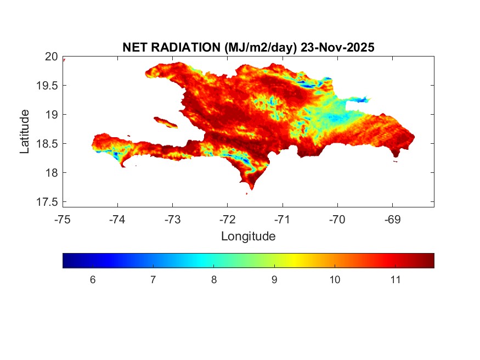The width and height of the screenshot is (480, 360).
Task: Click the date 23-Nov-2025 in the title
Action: click(x=337, y=48)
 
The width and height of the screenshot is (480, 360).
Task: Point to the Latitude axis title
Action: click(x=25, y=131)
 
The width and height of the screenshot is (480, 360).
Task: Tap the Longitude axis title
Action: click(x=248, y=237)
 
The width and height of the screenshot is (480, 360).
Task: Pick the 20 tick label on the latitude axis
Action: click(x=51, y=56)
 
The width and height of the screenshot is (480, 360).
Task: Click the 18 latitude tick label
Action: click(x=51, y=173)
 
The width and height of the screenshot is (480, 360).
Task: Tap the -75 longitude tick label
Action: click(x=63, y=220)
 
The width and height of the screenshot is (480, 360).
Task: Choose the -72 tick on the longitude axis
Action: click(x=228, y=220)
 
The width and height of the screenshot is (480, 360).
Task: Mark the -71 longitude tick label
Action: click(x=283, y=220)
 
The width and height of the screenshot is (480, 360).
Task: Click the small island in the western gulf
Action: click(x=165, y=122)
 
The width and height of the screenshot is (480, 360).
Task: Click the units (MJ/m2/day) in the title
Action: click(x=261, y=48)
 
